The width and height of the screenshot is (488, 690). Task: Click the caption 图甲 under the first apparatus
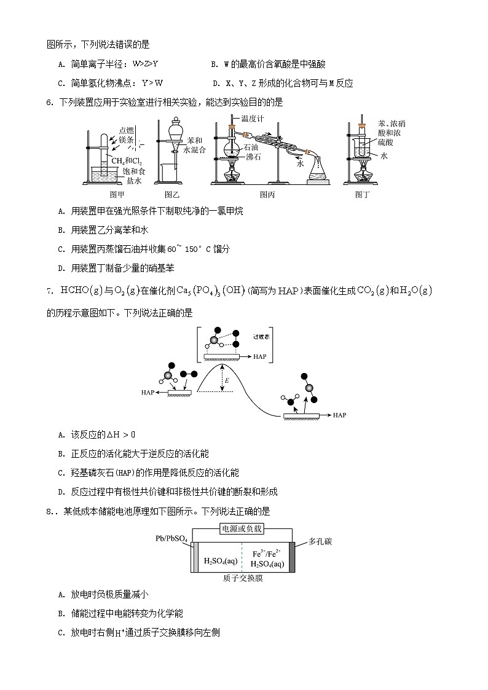pos(117,195)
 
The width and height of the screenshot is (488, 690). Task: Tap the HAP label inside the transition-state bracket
pos(259,357)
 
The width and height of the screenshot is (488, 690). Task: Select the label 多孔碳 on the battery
pos(320,542)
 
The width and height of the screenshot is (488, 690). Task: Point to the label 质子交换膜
pos(243,579)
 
